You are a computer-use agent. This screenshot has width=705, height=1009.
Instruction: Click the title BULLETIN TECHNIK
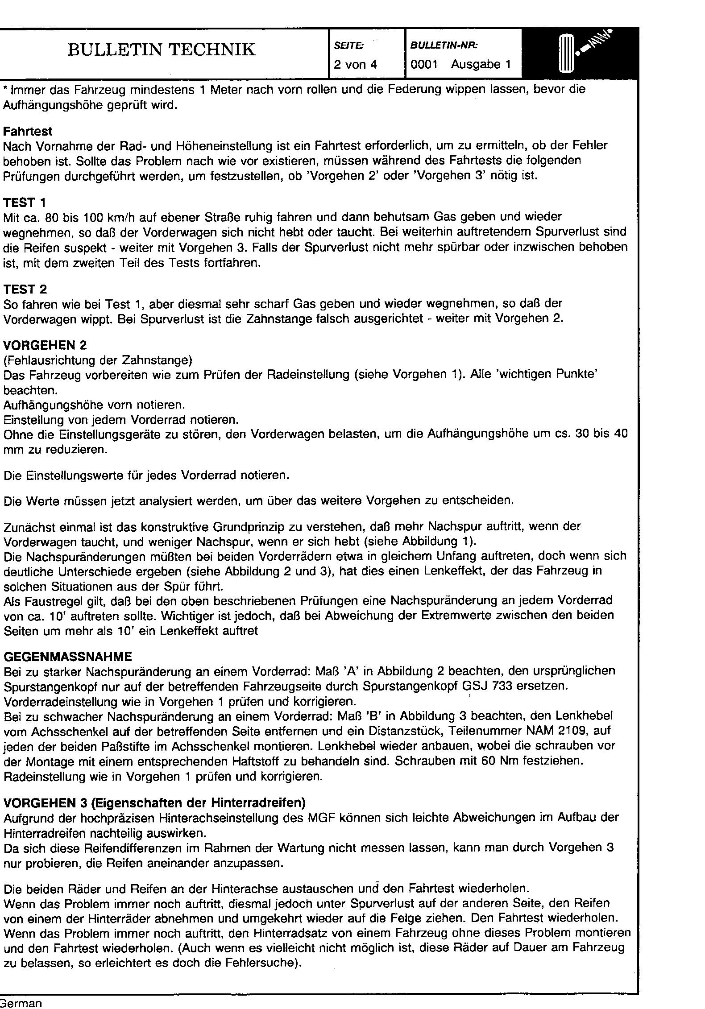coord(162,50)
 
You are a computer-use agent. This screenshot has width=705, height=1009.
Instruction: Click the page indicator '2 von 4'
coord(356,65)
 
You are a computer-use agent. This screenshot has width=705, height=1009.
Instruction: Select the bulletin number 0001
coord(423,65)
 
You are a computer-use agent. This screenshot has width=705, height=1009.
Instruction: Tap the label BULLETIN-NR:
coord(444,45)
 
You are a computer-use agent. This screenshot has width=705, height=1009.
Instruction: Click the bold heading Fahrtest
coord(28,132)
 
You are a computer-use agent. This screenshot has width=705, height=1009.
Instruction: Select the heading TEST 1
coord(25,203)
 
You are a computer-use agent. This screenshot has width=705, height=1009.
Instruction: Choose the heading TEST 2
coord(25,289)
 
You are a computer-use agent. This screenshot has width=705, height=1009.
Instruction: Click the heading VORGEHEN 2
coord(45,345)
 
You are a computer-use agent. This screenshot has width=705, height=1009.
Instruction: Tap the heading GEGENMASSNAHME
coord(68,657)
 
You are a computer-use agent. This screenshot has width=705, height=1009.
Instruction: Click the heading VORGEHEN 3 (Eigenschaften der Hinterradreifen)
coord(154,803)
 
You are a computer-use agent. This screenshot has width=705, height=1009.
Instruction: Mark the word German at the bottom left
coord(21,1003)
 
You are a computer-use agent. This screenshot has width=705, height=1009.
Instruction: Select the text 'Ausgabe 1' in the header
coord(481,65)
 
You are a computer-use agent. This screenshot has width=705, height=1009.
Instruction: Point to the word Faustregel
coord(49,600)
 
